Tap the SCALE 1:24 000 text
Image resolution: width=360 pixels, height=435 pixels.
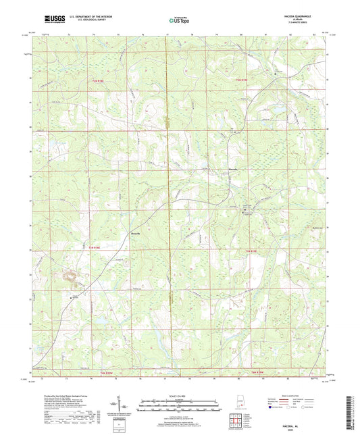click(179, 395)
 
